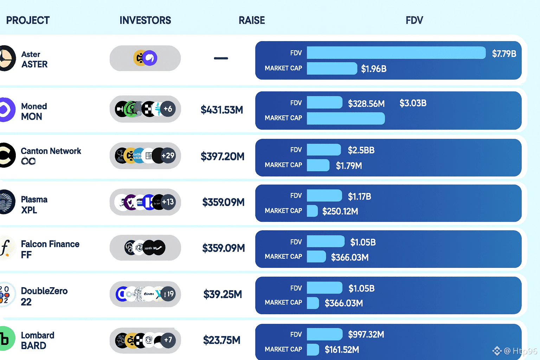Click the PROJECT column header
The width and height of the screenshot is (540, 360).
point(28,20)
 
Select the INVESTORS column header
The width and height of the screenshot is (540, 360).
point(145,20)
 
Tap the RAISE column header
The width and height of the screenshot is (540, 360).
point(252,20)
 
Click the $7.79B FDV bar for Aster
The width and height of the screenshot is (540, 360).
point(396,53)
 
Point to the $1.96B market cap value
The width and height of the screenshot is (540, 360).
point(374,69)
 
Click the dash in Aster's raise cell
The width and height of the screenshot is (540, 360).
point(221,58)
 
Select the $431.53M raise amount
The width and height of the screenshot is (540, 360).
point(222,110)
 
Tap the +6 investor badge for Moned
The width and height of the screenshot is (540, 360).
point(168,109)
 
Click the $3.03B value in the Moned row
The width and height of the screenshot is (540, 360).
point(413,103)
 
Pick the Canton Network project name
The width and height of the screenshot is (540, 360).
point(51,151)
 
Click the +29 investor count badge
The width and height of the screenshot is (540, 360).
point(168,155)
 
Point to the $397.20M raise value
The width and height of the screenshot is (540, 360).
point(223,156)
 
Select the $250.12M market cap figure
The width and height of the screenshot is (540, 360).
point(340,211)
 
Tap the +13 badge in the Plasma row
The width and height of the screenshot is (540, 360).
point(168,202)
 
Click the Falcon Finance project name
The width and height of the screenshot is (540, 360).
point(50,244)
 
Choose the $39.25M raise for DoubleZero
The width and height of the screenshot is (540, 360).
point(223,294)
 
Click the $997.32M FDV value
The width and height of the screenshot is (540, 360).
point(366,334)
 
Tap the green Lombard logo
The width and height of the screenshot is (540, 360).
point(6,339)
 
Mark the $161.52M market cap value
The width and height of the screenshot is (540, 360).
point(342,350)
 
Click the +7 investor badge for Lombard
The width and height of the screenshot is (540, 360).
point(168,340)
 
